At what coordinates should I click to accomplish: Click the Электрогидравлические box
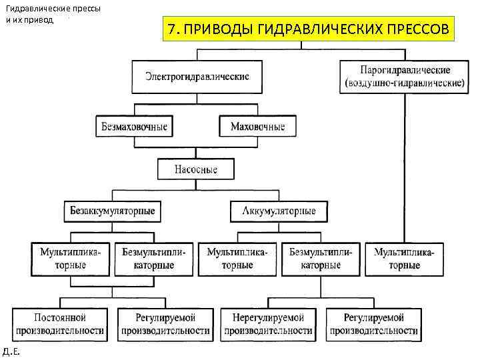pos(197,77)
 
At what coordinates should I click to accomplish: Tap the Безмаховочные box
pos(134,126)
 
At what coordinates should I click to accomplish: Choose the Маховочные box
pos(257,126)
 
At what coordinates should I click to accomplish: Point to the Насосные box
pos(196,169)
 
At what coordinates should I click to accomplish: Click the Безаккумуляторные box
pos(113,211)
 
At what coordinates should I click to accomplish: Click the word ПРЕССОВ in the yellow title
pos(413,30)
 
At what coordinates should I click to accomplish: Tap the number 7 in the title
pos(173,30)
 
